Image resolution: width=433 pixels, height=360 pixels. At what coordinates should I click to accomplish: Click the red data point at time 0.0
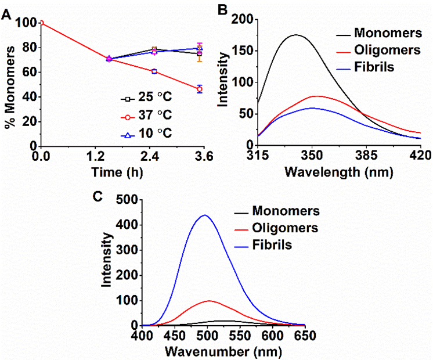41,23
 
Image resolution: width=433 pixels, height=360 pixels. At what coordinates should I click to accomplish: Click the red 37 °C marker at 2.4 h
154,71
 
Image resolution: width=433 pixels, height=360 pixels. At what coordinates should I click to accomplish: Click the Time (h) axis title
120,172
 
